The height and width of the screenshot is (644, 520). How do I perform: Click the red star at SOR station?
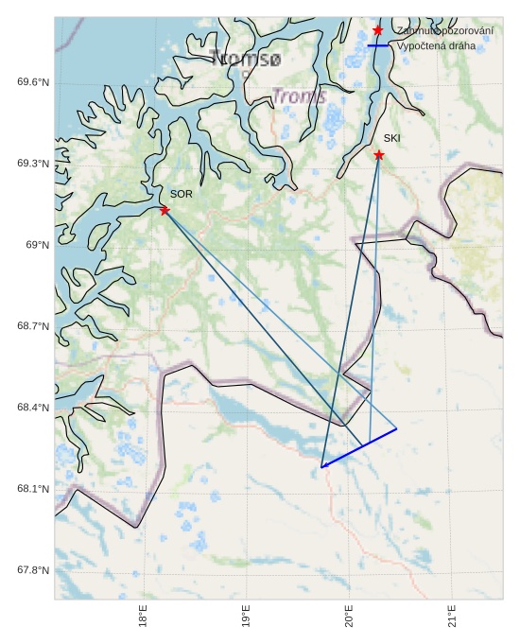point(165,210)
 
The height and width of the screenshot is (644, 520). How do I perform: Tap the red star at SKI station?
point(379,155)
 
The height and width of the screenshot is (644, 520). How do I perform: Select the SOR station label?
point(182,194)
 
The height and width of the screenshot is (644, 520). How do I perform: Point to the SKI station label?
point(392,138)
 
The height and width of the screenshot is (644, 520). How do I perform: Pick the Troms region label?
point(300,96)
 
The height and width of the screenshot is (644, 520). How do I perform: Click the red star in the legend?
point(378,30)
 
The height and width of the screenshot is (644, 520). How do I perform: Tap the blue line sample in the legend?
point(378,45)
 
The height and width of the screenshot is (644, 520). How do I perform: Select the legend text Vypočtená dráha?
point(437,45)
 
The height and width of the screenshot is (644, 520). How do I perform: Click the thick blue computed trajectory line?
point(359,447)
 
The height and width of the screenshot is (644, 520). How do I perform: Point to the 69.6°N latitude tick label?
point(32,82)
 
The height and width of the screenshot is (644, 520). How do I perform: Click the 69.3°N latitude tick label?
point(32,164)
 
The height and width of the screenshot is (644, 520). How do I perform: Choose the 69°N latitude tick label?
point(36,245)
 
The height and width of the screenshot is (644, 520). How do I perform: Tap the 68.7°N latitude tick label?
point(32,326)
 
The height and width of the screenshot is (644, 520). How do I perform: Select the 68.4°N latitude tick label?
point(32,408)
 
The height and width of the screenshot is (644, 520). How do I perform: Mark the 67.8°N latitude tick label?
point(32,570)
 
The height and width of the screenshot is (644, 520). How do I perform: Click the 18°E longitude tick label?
point(144,620)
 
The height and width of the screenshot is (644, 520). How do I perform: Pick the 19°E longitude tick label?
point(247,620)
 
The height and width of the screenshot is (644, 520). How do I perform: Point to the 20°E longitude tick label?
point(350,620)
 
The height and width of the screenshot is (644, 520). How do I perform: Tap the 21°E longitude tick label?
point(453,620)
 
